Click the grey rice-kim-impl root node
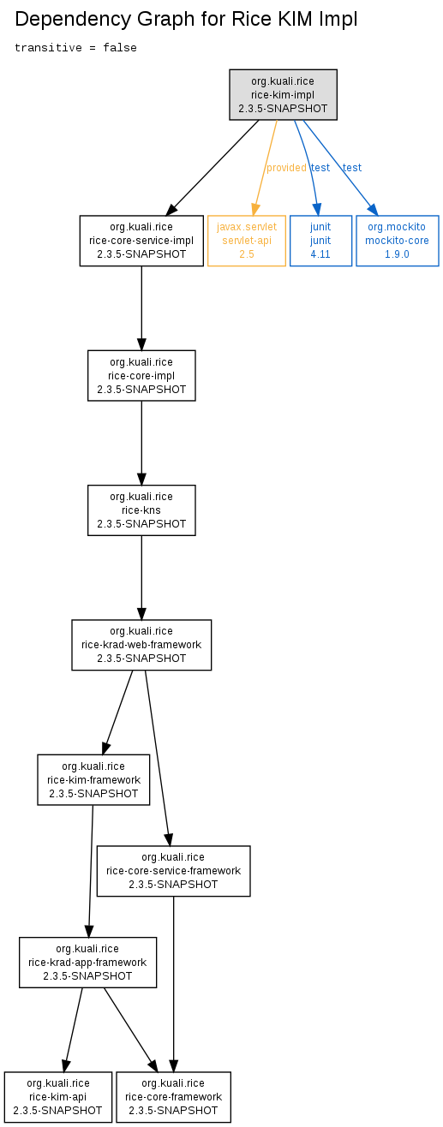283,94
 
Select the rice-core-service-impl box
141,241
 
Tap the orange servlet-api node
247,241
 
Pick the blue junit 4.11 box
320,241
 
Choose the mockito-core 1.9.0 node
398,241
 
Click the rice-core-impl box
141,375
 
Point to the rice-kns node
141,510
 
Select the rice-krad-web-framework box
141,645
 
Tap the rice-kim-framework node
93,780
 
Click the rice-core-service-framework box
174,871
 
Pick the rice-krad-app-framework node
87,963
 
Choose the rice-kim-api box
58,1097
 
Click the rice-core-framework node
174,1097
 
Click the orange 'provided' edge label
286,168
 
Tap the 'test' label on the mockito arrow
352,168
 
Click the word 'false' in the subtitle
120,48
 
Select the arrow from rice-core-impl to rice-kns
141,443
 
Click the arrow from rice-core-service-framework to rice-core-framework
174,984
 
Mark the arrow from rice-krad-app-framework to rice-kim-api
73,1030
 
